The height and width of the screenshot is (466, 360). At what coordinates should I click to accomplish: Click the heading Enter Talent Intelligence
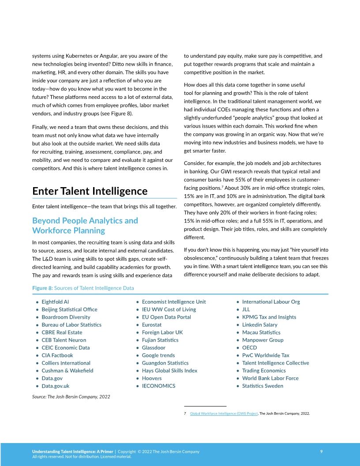[x=90, y=191]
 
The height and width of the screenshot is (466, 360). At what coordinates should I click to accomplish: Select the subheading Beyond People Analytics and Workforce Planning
[x=85, y=225]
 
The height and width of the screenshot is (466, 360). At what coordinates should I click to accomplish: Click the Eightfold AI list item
[x=55, y=302]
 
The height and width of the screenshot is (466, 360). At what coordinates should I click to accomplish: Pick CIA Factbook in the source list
[x=57, y=355]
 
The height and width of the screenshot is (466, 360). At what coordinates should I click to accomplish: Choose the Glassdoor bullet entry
[x=154, y=348]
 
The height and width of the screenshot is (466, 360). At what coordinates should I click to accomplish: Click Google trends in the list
[x=158, y=355]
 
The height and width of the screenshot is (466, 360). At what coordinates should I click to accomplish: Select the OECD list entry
[x=249, y=348]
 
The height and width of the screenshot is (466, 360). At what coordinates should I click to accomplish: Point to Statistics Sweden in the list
[x=262, y=386]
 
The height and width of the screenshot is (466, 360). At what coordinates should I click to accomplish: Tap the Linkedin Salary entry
[x=259, y=325]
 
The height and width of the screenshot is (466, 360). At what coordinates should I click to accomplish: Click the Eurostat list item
[x=152, y=325]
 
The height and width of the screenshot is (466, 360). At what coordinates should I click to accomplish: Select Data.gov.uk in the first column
[x=56, y=386]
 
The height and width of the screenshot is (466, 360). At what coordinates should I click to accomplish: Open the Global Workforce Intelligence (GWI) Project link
[x=224, y=413]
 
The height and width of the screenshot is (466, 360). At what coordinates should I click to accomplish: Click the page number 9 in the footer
[x=321, y=451]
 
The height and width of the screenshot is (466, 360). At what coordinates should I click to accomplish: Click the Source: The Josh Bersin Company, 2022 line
[x=71, y=397]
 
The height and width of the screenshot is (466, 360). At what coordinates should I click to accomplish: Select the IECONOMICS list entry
[x=158, y=386]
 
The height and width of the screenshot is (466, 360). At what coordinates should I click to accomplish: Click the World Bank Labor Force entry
[x=270, y=378]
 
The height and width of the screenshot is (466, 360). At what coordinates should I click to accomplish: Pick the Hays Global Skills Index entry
[x=169, y=371]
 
